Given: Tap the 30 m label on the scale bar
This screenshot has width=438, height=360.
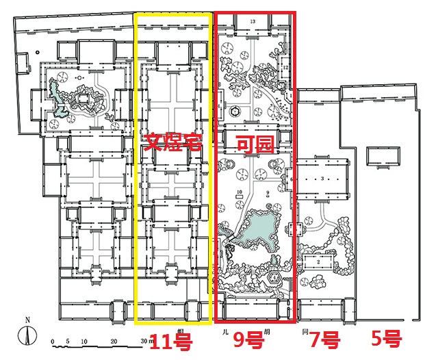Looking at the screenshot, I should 146,341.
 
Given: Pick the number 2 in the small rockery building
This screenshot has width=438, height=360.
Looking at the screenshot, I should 319,261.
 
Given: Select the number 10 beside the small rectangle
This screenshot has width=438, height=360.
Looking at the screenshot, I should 239,192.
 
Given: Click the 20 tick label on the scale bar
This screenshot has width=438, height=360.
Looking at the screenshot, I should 114,341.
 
